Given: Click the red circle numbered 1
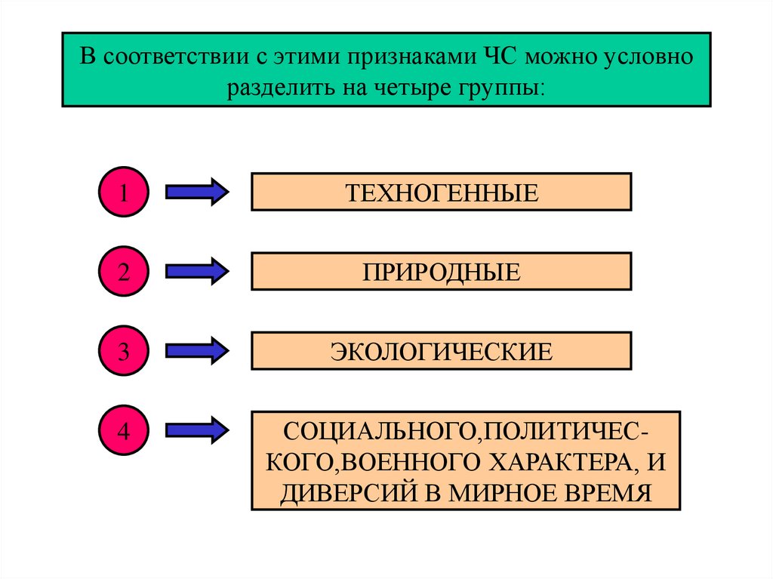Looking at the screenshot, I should (x=122, y=192).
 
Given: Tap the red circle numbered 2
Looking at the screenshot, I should (x=122, y=271).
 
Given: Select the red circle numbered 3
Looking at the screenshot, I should (x=122, y=351).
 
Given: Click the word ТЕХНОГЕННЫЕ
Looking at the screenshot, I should (x=442, y=192).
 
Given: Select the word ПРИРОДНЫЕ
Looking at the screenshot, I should (x=442, y=271).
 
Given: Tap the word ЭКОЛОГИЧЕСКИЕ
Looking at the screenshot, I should (x=442, y=351).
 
